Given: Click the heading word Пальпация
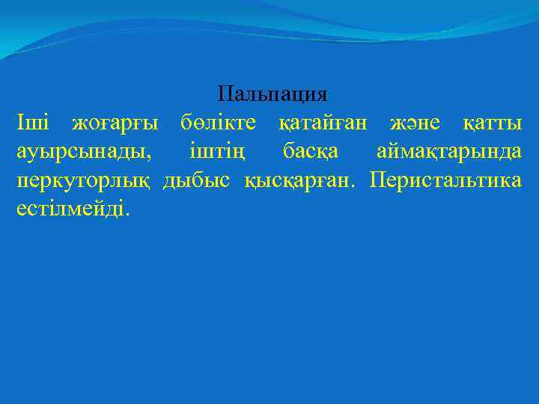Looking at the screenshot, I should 272,94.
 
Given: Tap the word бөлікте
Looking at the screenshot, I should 218,123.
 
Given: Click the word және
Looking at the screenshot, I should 415,124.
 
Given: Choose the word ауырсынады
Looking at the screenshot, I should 81,153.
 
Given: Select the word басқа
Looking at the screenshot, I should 311,153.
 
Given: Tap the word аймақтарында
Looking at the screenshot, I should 448,153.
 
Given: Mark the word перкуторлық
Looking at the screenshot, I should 85,182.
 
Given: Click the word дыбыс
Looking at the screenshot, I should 197,182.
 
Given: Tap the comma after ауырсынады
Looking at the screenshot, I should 148,159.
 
